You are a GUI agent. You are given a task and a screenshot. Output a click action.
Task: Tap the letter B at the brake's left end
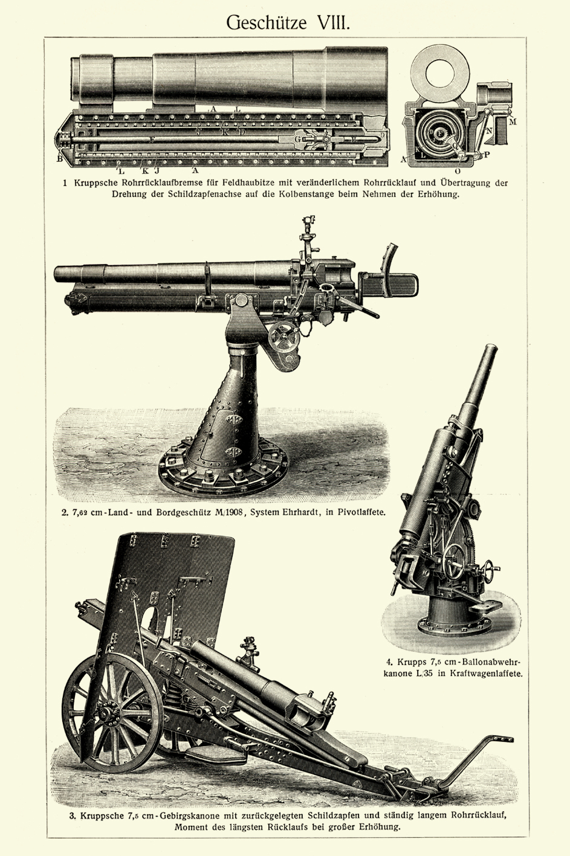coord(59,159)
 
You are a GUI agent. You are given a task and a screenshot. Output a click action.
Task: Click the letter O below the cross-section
coord(458,171)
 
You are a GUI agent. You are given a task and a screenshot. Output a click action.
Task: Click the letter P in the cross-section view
coord(486,155)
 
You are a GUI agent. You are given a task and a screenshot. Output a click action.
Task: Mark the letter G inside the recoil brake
coord(297,138)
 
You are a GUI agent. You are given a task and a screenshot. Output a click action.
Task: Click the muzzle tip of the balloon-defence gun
coord(492,349)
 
